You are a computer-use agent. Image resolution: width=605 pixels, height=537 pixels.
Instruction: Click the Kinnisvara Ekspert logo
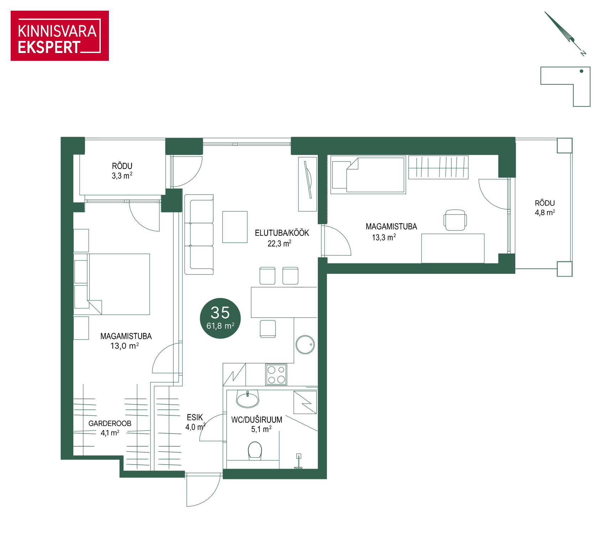click(60, 36)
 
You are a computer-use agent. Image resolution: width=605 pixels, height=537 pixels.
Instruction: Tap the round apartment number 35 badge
click(220, 318)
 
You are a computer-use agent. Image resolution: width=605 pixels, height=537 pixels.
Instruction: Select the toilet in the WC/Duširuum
click(255, 451)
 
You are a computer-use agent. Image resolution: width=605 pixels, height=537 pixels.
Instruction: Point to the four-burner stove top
click(276, 374)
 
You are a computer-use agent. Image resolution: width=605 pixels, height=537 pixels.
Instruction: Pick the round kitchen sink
click(305, 345)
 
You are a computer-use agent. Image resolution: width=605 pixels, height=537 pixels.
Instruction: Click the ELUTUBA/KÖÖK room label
click(282, 233)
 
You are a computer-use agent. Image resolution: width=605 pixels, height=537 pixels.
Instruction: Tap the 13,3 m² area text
click(384, 237)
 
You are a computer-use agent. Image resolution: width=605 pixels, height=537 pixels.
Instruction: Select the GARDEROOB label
click(110, 423)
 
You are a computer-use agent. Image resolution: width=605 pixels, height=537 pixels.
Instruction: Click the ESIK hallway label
click(195, 417)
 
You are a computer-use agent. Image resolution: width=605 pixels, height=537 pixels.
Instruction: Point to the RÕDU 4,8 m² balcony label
click(545, 208)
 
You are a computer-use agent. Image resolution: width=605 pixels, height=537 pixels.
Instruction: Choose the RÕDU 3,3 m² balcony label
click(122, 171)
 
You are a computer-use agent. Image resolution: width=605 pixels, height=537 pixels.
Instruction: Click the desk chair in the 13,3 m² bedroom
click(455, 220)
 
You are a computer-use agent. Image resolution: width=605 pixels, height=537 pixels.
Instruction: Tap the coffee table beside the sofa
click(235, 227)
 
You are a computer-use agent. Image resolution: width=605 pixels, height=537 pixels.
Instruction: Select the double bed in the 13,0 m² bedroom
click(112, 284)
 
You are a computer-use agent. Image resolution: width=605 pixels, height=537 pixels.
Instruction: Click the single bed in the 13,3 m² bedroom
click(368, 175)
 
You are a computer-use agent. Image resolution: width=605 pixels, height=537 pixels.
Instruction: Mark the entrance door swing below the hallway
click(203, 490)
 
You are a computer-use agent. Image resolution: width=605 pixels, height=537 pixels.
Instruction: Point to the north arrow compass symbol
click(565, 34)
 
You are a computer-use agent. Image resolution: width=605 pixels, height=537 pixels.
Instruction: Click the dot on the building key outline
click(582, 71)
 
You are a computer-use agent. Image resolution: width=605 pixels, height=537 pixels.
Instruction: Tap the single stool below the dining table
click(268, 329)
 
